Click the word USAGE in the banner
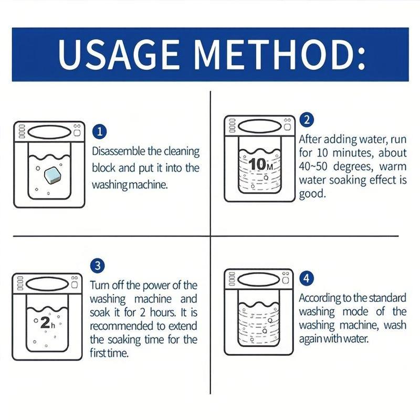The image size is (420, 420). click(118, 55)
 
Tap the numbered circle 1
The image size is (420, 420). click(99, 132)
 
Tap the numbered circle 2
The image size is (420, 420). click(307, 119)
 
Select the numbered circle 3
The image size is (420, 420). click(98, 266)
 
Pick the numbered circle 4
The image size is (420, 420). click(307, 278)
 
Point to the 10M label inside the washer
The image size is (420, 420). click(260, 164)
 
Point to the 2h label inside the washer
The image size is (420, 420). click(47, 323)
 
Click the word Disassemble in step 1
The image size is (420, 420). click(119, 151)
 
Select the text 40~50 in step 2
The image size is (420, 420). click(313, 166)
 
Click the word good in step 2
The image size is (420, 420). click(312, 194)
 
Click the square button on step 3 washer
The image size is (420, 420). click(75, 284)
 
